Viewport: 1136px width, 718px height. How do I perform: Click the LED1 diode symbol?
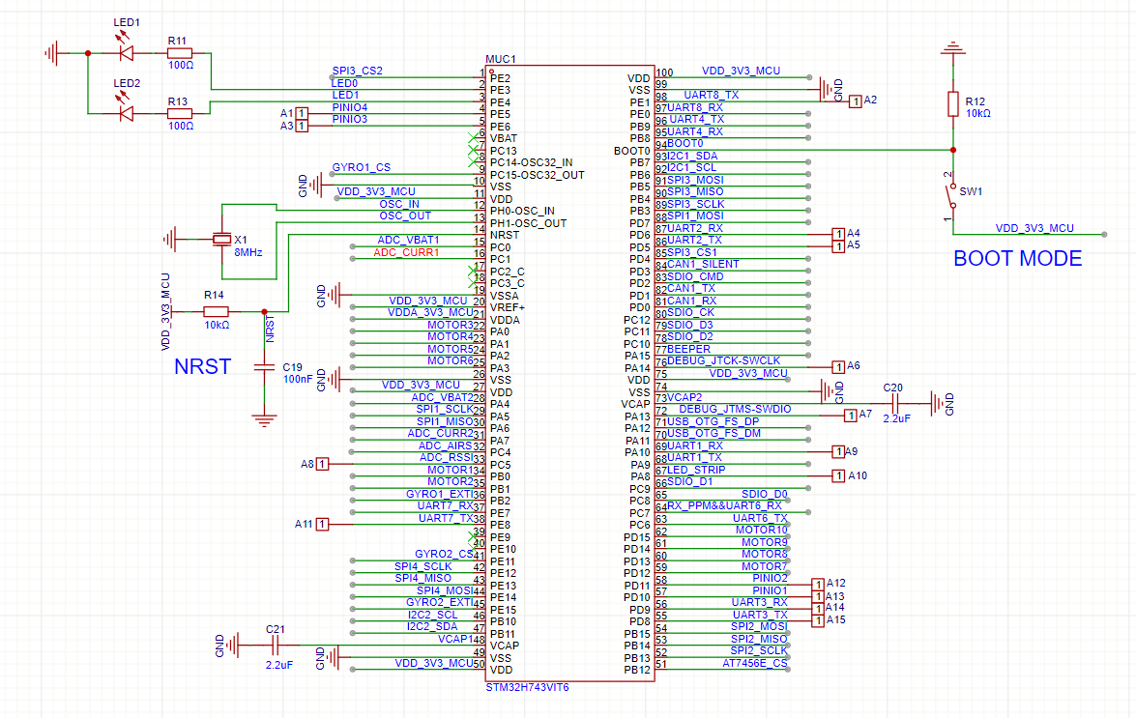point(125,53)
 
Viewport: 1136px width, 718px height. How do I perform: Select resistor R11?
point(180,53)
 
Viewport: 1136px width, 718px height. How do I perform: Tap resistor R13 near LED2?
point(180,113)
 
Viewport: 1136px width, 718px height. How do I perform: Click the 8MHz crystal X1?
point(222,239)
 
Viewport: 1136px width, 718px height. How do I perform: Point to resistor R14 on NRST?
point(216,311)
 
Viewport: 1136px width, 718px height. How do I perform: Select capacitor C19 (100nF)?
point(263,367)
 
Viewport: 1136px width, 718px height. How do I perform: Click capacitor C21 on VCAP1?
point(276,646)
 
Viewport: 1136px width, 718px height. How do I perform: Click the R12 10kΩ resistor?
point(954,102)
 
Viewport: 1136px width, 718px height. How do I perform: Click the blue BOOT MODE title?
point(1017,259)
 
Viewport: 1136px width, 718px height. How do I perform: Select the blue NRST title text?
point(202,367)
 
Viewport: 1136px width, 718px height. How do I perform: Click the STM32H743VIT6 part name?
point(527,687)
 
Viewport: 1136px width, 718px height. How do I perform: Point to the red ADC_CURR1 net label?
point(406,252)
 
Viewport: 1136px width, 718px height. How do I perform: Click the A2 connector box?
point(855,101)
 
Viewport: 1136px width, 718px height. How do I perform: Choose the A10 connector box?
point(838,475)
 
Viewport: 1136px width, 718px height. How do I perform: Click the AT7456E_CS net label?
point(755,663)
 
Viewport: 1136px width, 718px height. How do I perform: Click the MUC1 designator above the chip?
point(501,59)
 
